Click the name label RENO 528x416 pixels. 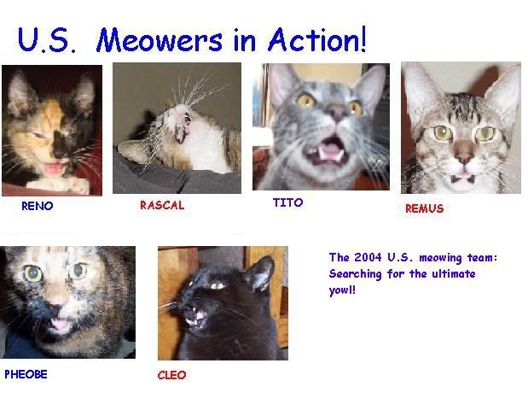(x=37, y=206)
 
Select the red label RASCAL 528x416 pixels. (x=162, y=205)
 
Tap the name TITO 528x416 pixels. (x=287, y=202)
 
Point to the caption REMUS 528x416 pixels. (x=424, y=208)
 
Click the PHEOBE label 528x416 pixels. (x=26, y=374)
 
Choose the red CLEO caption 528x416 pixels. (x=171, y=375)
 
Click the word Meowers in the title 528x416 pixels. (x=160, y=40)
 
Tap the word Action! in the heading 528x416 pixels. (x=316, y=39)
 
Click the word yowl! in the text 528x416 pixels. (x=342, y=290)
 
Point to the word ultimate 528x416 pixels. (x=454, y=273)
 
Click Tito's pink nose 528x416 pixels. (x=337, y=110)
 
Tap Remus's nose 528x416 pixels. (x=463, y=152)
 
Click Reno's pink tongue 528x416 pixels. (x=53, y=168)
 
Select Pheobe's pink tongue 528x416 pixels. (x=61, y=325)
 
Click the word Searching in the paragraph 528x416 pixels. (x=355, y=273)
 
